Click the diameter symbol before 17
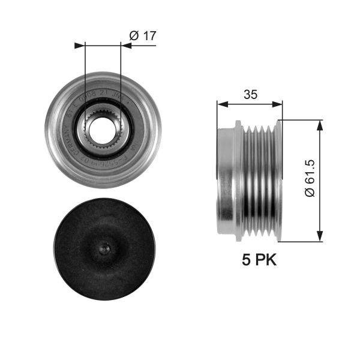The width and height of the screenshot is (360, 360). click(134, 35)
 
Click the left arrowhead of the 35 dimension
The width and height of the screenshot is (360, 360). click(221, 104)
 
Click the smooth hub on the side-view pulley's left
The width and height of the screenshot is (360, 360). click(226, 180)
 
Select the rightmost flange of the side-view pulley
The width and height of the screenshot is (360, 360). click(278, 180)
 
